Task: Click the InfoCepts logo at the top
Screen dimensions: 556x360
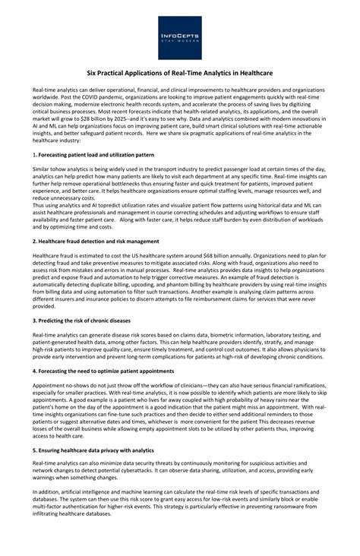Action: point(180,37)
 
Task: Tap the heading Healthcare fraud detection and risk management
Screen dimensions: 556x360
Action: point(98,240)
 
